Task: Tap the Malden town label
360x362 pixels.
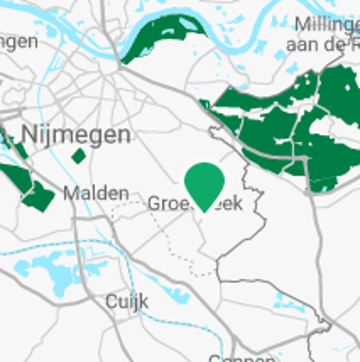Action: click(x=96, y=194)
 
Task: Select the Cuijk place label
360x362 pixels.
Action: click(x=127, y=302)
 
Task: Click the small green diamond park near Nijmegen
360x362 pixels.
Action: click(x=79, y=156)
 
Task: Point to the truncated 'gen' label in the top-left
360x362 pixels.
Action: click(x=18, y=42)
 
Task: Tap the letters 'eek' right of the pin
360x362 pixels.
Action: click(x=231, y=204)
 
